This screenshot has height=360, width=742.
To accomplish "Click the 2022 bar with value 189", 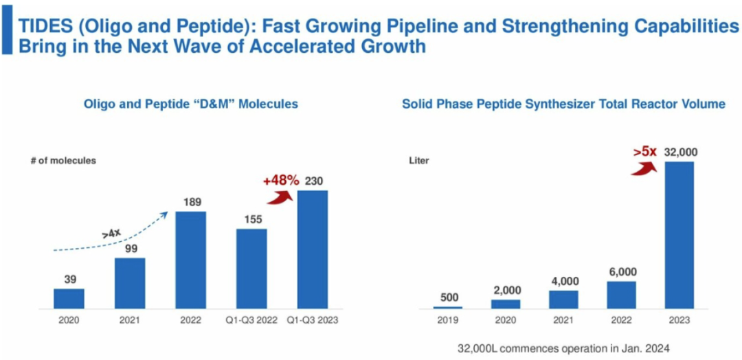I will point(190,260).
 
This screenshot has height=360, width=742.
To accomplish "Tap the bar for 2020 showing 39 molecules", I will point(69,298).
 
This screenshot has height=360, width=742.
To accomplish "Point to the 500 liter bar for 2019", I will point(447,307).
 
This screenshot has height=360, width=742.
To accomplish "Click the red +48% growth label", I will point(280,181).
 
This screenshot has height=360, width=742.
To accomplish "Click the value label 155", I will point(251,219).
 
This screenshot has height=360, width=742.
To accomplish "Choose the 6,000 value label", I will point(621,272).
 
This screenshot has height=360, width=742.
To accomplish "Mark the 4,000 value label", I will point(563,281).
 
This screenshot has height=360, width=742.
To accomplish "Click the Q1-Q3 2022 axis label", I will point(251,320).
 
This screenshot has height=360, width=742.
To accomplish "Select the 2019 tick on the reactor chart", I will point(447,320).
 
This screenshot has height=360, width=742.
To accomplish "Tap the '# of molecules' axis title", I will point(63,161).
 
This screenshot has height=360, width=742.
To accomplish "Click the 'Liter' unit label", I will point(420,161).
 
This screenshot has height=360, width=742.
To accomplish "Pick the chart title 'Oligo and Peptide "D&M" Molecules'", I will point(190,104).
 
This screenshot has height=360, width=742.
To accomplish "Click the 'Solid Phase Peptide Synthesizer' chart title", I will point(563,104).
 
